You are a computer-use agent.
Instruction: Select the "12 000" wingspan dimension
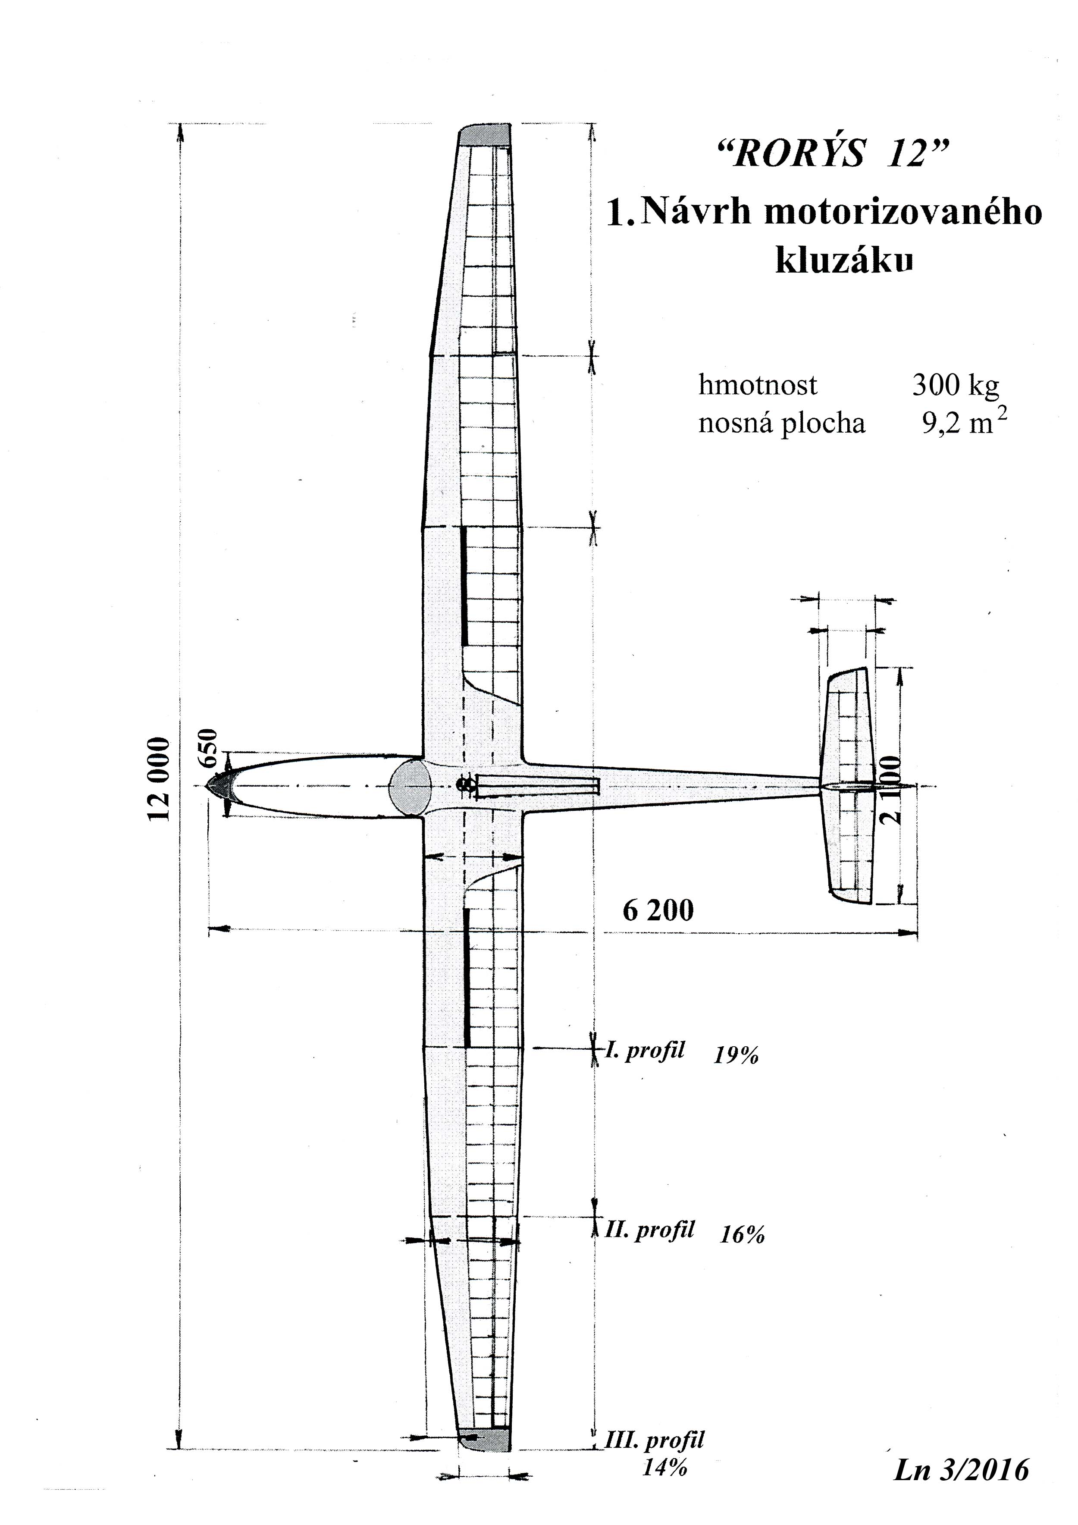pos(160,778)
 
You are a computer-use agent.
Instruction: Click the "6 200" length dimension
pos(658,910)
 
